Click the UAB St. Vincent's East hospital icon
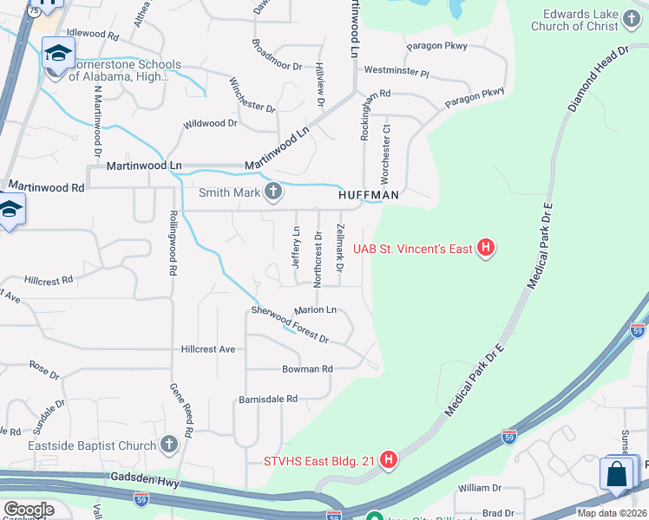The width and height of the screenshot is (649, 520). click(x=487, y=250)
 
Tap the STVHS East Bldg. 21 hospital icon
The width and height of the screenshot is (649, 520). click(x=390, y=459)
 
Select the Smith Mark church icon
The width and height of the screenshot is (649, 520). click(x=273, y=192)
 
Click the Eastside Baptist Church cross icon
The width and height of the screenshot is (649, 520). click(x=169, y=445)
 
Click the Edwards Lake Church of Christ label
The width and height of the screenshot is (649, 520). click(x=580, y=20)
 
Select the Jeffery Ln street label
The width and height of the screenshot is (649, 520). click(x=296, y=246)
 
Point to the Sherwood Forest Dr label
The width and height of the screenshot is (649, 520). click(x=290, y=324)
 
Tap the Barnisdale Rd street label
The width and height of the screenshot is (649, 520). click(x=268, y=400)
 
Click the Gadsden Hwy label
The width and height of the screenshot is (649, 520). click(x=142, y=478)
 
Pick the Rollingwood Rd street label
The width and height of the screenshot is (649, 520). click(x=174, y=243)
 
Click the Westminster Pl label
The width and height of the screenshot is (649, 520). click(x=397, y=71)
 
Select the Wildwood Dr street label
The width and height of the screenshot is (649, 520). click(x=210, y=124)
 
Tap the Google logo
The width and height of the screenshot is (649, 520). click(x=29, y=509)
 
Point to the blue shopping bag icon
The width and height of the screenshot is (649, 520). click(x=617, y=475)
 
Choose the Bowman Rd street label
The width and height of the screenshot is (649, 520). click(x=307, y=368)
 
